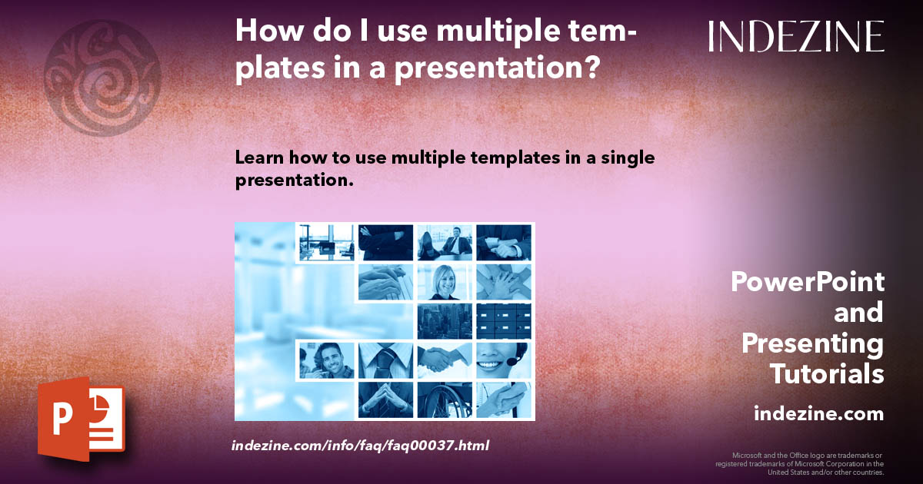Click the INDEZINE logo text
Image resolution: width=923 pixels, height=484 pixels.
[796, 36]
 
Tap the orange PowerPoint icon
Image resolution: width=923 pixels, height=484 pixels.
[81, 420]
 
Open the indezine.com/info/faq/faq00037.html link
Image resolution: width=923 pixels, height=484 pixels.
[360, 445]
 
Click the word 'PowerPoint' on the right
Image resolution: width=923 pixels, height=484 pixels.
[807, 282]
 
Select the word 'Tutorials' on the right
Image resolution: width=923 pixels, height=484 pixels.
[827, 374]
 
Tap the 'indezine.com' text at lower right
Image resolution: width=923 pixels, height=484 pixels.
[818, 414]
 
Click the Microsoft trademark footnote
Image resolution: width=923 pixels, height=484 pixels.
[799, 463]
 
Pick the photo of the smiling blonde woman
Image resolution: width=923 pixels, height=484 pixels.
[445, 282]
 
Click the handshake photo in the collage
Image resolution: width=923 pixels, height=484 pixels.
[445, 360]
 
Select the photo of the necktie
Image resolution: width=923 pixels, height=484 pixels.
[385, 360]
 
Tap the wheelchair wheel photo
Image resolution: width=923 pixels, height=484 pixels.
[445, 399]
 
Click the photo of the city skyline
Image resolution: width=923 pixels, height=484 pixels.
[445, 320]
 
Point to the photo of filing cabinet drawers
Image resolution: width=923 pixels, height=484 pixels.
[504, 320]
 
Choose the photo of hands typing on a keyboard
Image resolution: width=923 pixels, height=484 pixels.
[385, 282]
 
